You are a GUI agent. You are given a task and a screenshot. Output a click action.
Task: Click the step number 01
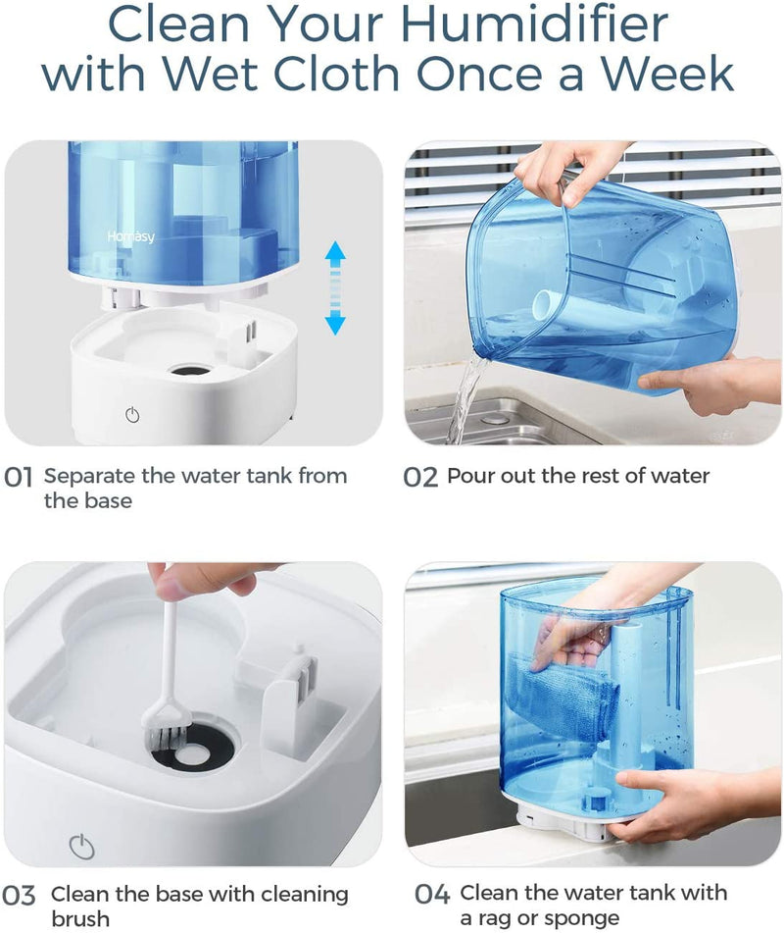click(x=20, y=478)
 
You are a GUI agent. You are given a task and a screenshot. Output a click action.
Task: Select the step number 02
click(x=420, y=478)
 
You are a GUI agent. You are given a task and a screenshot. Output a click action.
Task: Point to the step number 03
click(x=20, y=896)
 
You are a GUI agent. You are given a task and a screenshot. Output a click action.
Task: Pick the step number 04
click(x=431, y=895)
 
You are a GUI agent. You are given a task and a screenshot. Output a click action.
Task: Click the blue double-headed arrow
click(x=335, y=289)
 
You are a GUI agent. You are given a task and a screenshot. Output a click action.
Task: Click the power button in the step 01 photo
click(x=132, y=414)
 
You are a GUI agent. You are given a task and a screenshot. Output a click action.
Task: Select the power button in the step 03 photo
click(x=81, y=845)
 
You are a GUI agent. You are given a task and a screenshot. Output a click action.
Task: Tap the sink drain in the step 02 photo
click(x=496, y=419)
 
